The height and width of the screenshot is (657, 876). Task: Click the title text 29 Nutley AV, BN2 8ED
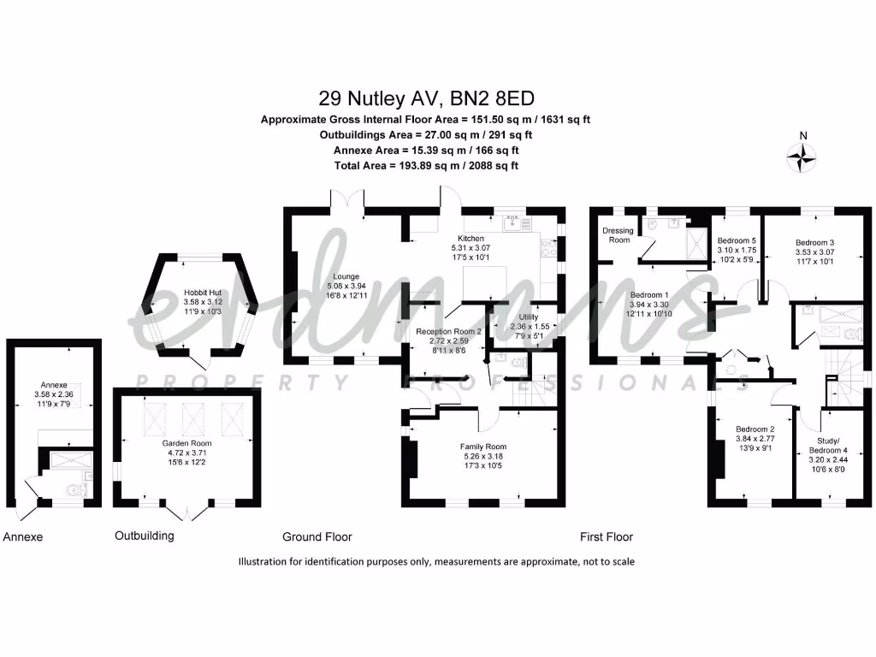(x=425, y=98)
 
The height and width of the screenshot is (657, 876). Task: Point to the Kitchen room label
(x=471, y=239)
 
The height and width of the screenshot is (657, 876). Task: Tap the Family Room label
(x=483, y=446)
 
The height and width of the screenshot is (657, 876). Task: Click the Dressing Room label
(x=618, y=235)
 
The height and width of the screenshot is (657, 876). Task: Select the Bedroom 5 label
(x=737, y=241)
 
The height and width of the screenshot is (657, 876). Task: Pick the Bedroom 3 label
(x=814, y=242)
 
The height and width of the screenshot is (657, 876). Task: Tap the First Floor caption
(x=607, y=537)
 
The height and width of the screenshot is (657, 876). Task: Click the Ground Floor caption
(x=317, y=537)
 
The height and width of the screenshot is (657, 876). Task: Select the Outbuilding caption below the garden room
(x=145, y=536)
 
